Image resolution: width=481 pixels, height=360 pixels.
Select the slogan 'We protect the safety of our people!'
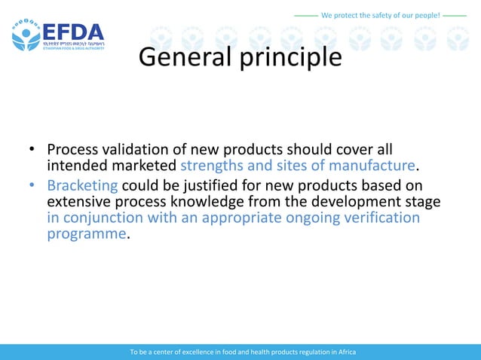coord(380,15)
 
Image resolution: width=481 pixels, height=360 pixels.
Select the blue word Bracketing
coord(82,185)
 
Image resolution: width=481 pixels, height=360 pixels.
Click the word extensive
coord(81,202)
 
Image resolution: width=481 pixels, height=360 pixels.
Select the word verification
coord(378,218)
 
